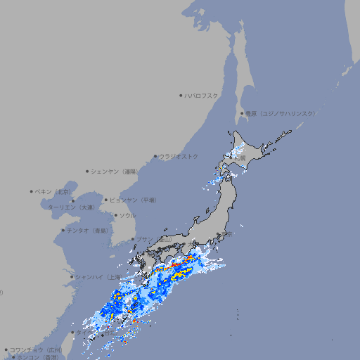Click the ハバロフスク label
(x=202, y=95)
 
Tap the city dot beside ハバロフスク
(x=181, y=95)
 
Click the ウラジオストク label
(x=179, y=156)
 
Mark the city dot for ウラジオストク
(x=155, y=156)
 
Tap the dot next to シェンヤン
(x=87, y=171)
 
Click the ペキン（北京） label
(x=53, y=191)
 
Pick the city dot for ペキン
(x=32, y=191)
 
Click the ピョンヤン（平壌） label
(x=133, y=200)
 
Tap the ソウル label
(x=127, y=215)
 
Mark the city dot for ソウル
(x=115, y=215)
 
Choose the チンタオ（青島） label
(x=88, y=230)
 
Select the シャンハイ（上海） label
(x=96, y=276)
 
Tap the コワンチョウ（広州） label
(x=35, y=349)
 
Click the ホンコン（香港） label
(x=33, y=357)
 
